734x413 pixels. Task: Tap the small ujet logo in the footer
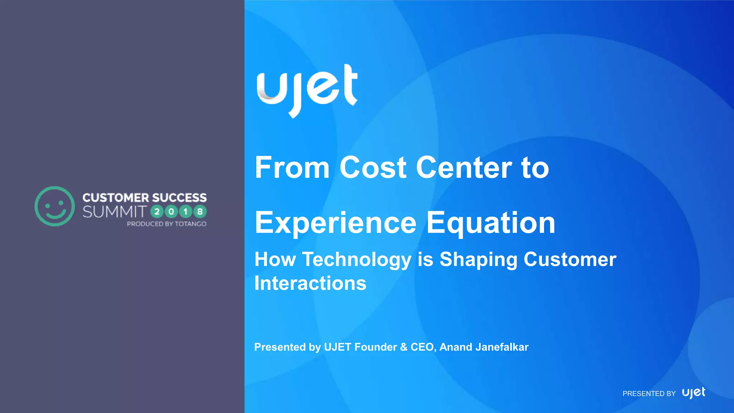tap(694, 393)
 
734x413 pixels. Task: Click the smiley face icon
tap(55, 206)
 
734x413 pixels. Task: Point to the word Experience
tap(335, 223)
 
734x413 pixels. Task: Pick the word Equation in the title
tap(491, 223)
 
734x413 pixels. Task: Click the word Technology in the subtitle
tap(357, 260)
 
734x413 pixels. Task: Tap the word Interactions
tap(310, 283)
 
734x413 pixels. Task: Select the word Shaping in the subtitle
tap(478, 260)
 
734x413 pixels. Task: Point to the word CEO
tap(423, 347)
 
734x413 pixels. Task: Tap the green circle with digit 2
tap(157, 212)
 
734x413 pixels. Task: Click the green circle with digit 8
tap(200, 212)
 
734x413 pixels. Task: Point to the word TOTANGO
tap(190, 224)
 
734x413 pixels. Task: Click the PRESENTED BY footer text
tap(649, 394)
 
